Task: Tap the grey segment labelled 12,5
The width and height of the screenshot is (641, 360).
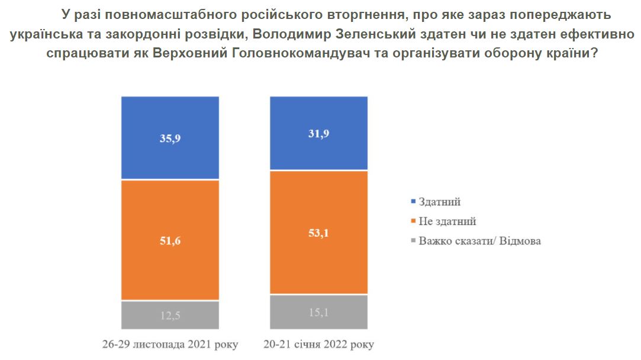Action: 170,315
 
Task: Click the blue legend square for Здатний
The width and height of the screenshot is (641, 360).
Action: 412,202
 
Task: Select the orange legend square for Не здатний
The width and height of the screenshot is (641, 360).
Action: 412,221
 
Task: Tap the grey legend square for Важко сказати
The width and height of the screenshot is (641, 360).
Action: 412,241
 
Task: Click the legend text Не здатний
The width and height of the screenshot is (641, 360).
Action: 447,221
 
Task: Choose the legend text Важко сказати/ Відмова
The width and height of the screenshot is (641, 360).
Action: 479,241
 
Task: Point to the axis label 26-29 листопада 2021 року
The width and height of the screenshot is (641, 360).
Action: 170,345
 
